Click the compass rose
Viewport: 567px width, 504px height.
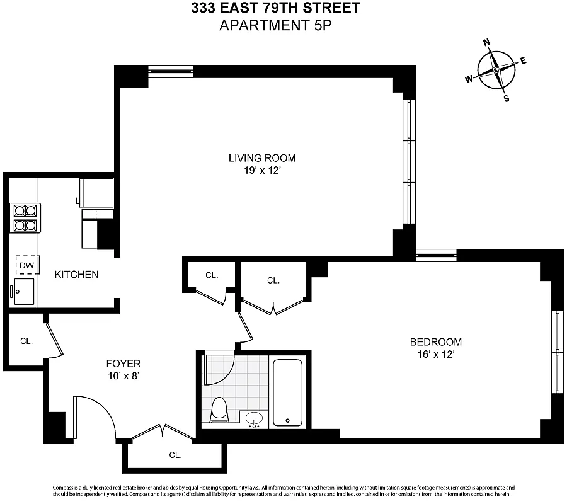[496, 70]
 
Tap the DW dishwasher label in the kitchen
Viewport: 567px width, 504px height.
[26, 266]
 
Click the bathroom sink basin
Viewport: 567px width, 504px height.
[255, 418]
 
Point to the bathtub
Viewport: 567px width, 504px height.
[287, 392]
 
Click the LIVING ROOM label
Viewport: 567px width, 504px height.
[261, 158]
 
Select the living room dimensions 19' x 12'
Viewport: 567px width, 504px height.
[261, 170]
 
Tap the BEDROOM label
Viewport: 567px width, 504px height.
[435, 342]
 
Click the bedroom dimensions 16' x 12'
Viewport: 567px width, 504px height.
[435, 354]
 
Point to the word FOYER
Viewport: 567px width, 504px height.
[123, 364]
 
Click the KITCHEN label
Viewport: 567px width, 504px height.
[76, 275]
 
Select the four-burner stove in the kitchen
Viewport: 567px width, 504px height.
[25, 218]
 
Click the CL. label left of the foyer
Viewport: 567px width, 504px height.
[26, 341]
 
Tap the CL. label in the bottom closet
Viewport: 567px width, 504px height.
[175, 455]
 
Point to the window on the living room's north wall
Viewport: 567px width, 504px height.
[171, 71]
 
